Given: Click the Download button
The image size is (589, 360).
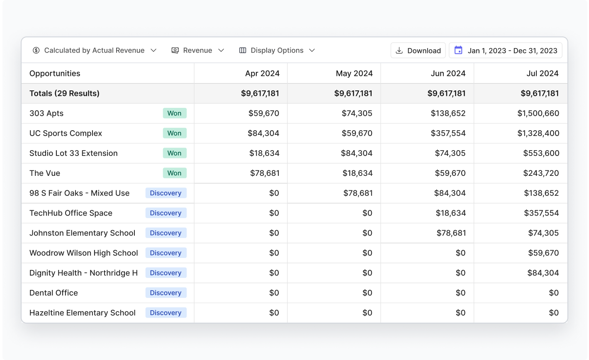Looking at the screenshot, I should click(x=418, y=51).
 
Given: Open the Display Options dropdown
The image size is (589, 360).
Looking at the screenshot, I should click(x=277, y=51).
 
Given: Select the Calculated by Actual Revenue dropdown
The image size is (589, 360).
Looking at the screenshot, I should click(x=95, y=51).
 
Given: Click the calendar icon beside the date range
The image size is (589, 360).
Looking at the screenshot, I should click(x=458, y=51).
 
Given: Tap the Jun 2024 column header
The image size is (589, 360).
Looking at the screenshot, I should click(x=448, y=73).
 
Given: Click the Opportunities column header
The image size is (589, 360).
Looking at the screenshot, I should click(x=55, y=73).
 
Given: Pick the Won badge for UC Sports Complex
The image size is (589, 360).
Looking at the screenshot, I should click(x=175, y=133).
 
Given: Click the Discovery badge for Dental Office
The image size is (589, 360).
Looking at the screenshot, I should click(x=166, y=293).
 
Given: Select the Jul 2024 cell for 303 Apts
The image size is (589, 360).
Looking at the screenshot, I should click(x=538, y=113).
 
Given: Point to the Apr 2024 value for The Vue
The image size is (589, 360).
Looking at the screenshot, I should click(x=264, y=173).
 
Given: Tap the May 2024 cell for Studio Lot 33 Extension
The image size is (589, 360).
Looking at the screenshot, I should click(x=356, y=153).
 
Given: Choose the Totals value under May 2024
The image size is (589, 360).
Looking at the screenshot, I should click(x=353, y=93).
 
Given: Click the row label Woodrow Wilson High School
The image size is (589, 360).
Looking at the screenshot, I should click(x=83, y=253).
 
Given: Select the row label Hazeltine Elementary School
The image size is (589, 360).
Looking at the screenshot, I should click(x=82, y=313).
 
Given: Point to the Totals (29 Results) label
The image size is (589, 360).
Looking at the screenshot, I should click(x=64, y=93).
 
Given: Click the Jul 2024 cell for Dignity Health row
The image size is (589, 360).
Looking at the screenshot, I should click(x=543, y=273).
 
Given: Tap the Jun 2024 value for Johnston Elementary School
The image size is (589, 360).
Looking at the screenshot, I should click(x=451, y=233).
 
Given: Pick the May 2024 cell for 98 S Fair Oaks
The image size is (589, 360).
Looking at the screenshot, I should click(x=358, y=193).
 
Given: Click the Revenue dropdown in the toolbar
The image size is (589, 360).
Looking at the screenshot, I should click(x=198, y=51).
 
